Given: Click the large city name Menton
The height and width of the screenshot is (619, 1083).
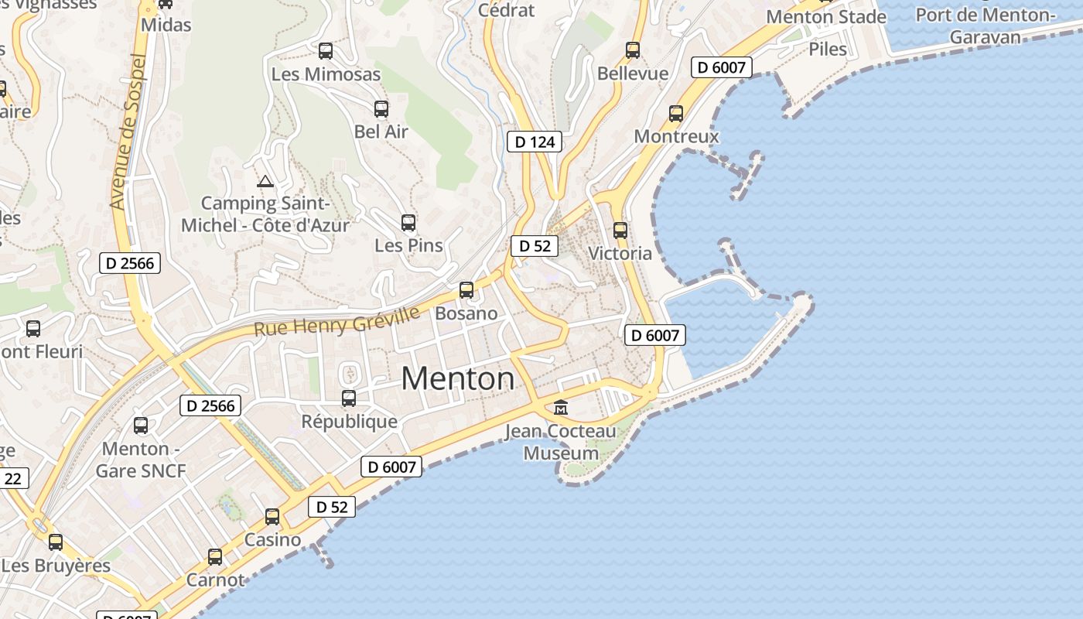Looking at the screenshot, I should tap(457, 378).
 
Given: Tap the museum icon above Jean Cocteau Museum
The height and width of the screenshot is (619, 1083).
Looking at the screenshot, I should tap(561, 407).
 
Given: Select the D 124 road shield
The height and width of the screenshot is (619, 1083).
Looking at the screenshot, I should tap(534, 142).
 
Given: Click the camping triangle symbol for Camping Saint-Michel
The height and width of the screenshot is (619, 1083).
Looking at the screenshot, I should tap(265, 182).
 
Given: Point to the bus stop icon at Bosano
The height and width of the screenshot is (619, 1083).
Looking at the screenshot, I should tap(466, 290).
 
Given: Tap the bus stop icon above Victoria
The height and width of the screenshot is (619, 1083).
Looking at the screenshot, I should tap(620, 230).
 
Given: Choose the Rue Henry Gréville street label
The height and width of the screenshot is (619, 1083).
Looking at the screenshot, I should tap(337, 320).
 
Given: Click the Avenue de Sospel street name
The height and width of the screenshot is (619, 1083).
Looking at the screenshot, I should tap(128, 132).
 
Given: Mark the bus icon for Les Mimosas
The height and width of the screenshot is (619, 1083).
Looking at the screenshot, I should tap(326, 51).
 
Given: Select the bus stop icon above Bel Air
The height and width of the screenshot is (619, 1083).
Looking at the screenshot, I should tap(381, 109).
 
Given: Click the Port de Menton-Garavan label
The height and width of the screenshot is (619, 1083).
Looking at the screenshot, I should tap(985, 26).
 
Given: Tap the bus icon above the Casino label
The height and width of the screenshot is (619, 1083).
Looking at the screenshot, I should tap(272, 516).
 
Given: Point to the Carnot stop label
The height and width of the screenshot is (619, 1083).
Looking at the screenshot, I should tap(215, 580).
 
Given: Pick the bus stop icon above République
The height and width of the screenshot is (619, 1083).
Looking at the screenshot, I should tap(349, 398).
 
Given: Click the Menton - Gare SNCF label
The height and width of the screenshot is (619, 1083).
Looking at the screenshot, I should tap(141, 460).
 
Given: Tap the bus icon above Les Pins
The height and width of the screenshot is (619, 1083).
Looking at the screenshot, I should tap(408, 223).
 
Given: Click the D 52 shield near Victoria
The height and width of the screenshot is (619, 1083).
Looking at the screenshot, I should tap(534, 246).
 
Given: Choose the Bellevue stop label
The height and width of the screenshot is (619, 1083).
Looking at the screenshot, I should tap(632, 74).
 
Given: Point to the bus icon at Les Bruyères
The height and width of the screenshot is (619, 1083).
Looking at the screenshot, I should tap(56, 542).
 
